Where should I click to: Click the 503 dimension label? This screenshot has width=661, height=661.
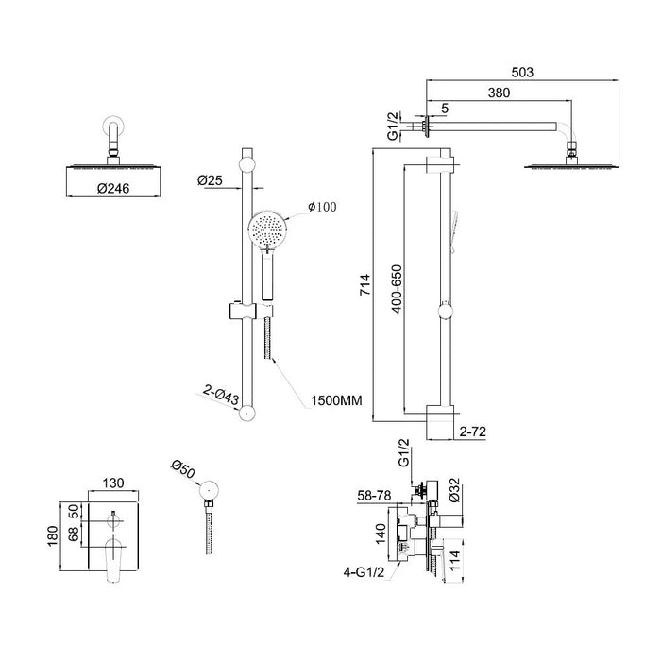(x=522, y=73)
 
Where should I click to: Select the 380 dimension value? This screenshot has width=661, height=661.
(x=499, y=93)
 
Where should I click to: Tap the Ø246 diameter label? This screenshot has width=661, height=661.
(x=113, y=189)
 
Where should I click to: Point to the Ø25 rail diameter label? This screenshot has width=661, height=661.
(x=210, y=180)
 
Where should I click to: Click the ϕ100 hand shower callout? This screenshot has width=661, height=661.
(x=322, y=207)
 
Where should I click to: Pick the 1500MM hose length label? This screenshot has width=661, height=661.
(x=336, y=400)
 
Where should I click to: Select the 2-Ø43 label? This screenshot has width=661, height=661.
(x=221, y=395)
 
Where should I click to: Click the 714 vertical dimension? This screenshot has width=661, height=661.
(x=365, y=284)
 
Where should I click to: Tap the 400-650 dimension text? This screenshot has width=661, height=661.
(x=397, y=289)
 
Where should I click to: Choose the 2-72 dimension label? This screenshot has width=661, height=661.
(x=472, y=432)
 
